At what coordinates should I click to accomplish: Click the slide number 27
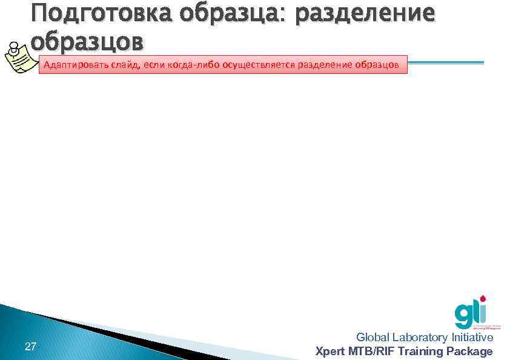(x=30, y=347)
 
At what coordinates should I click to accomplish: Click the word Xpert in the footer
(x=330, y=351)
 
